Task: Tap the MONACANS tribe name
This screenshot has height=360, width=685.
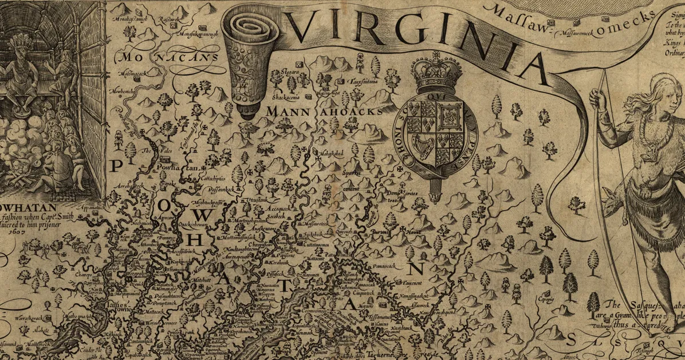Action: click(x=167, y=57)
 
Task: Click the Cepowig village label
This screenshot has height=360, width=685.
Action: click(x=545, y=299)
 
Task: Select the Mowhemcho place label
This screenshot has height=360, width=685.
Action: click(x=127, y=92)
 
